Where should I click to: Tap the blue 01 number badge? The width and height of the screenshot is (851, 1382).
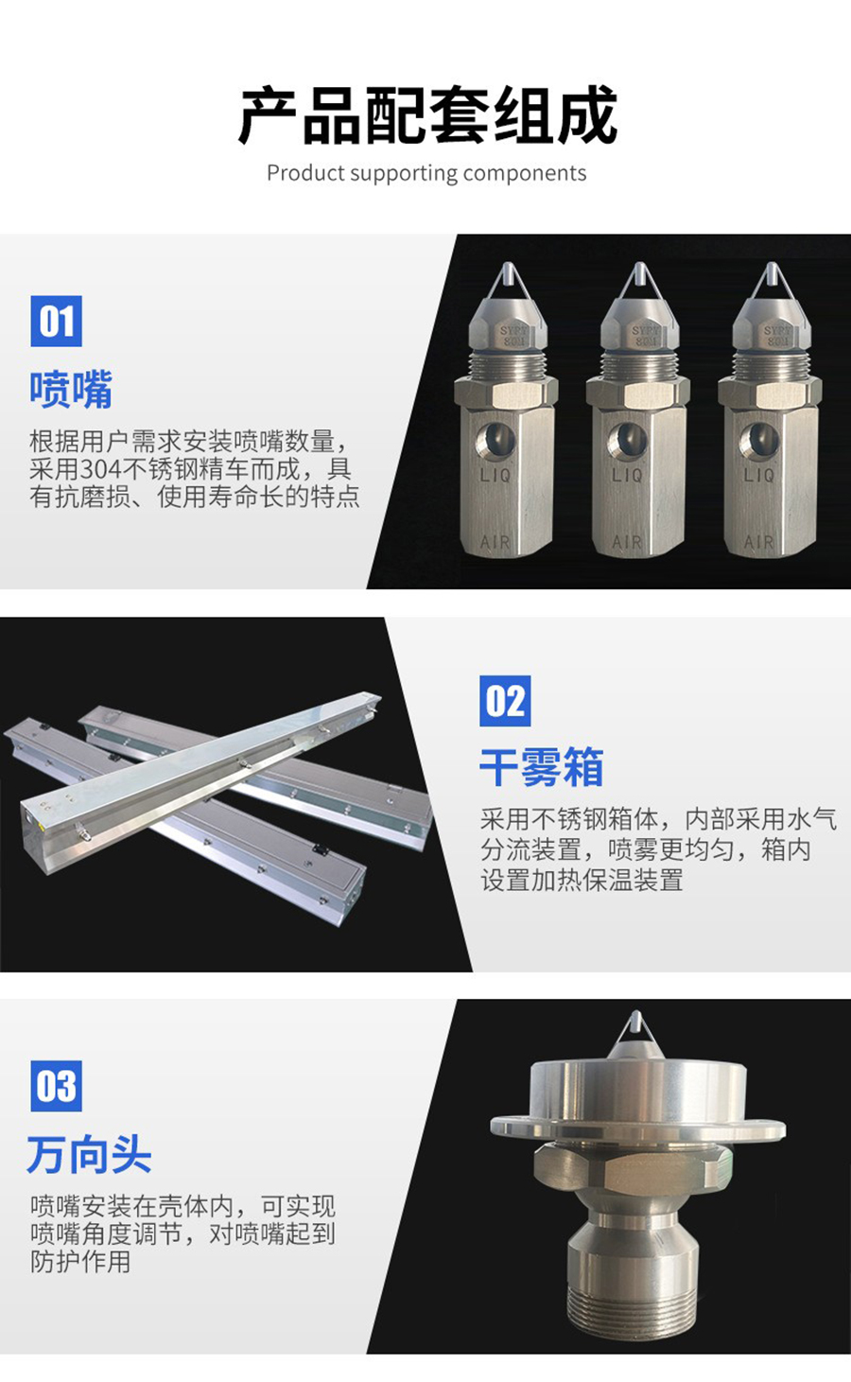(x=56, y=321)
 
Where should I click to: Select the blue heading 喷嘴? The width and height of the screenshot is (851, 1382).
(x=71, y=390)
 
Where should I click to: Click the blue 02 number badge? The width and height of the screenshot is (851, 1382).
(x=505, y=701)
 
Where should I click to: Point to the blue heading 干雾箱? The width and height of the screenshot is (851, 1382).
(x=542, y=767)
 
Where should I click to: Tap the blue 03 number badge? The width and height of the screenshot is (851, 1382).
(x=56, y=1086)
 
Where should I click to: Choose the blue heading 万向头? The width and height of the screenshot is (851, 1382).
(x=90, y=1154)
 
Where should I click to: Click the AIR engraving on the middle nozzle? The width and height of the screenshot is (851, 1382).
(x=627, y=542)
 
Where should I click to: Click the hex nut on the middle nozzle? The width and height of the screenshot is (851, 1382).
(x=638, y=393)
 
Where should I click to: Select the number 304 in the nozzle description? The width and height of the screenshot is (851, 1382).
(x=102, y=470)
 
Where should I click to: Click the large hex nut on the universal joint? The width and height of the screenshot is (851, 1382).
(x=634, y=1168)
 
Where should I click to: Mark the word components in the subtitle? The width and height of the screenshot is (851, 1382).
(x=525, y=173)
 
